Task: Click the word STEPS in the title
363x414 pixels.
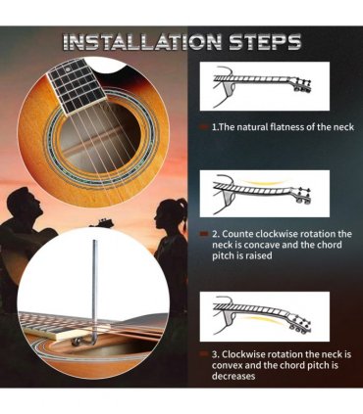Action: coord(265,42)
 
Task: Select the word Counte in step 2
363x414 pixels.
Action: coord(237,234)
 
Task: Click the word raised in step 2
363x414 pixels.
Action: coord(258,255)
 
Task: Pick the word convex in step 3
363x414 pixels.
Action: coord(228,365)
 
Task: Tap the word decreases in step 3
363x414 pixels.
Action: coord(233,376)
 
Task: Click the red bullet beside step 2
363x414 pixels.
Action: coord(204,234)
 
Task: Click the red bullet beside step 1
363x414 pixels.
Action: coord(204,126)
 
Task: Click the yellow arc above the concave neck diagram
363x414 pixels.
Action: coord(266,182)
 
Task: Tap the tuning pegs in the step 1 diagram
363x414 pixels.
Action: coord(302,85)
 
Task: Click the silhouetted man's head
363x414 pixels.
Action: coord(26,203)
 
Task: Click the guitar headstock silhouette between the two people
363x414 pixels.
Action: coord(100,223)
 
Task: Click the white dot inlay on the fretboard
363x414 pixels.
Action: coord(68,69)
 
